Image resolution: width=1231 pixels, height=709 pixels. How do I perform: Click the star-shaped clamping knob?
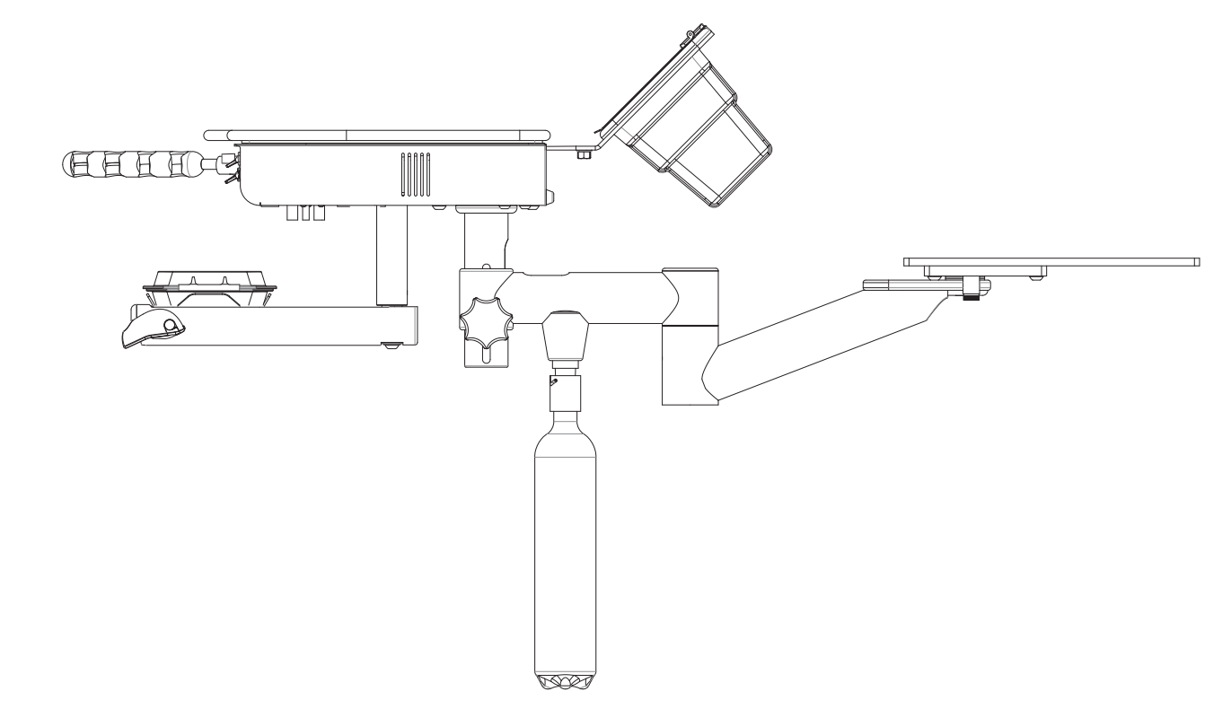[x=483, y=326]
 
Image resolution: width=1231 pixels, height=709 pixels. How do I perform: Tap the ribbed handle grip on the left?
[x=135, y=164]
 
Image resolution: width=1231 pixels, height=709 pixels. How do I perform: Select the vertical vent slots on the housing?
[x=415, y=174]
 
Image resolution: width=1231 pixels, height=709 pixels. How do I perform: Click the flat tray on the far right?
[x=1051, y=260]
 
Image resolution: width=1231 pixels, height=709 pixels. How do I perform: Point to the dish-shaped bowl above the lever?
[x=209, y=280]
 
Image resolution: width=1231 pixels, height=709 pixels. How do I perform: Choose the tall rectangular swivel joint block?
[x=690, y=337]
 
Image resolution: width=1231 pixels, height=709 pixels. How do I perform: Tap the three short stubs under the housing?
[x=304, y=214]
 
